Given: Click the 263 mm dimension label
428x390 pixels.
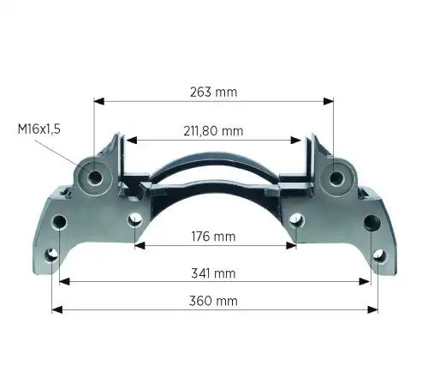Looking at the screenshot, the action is (213, 92).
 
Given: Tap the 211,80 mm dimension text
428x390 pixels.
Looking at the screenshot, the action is (213, 131).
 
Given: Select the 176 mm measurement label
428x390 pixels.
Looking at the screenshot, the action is (213, 237).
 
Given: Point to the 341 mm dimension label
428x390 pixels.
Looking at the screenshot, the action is (213, 273).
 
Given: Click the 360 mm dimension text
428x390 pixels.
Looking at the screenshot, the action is (213, 301).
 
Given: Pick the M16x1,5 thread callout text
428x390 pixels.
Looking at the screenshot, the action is (39, 129).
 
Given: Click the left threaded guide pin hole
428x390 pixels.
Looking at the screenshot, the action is (95, 178).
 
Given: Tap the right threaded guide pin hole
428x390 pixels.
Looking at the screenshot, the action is (336, 178).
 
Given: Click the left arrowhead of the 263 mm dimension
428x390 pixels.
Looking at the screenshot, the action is (99, 101).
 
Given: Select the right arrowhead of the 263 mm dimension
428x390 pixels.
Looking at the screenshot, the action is (329, 101).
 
